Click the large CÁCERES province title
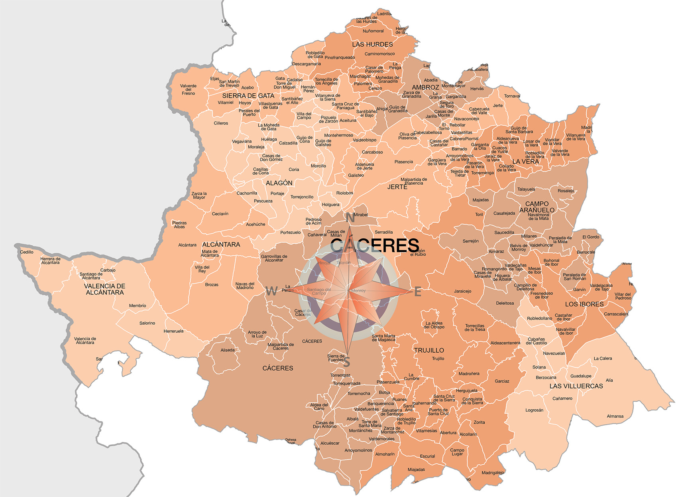[375, 245]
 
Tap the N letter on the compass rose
[350, 218]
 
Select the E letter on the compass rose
[418, 292]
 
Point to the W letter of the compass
[271, 291]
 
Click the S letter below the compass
[347, 363]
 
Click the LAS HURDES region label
[372, 44]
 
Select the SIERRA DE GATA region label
[248, 96]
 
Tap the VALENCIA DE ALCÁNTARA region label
[104, 289]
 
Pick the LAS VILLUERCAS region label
[576, 386]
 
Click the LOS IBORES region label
[584, 304]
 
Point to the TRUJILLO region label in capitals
[428, 350]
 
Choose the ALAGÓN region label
[279, 183]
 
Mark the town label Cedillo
[27, 252]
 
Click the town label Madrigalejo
[493, 473]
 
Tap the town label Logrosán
[534, 410]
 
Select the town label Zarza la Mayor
[199, 195]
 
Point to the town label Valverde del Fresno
[188, 89]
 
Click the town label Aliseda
[228, 350]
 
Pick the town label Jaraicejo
[462, 291]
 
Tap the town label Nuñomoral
[373, 31]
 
